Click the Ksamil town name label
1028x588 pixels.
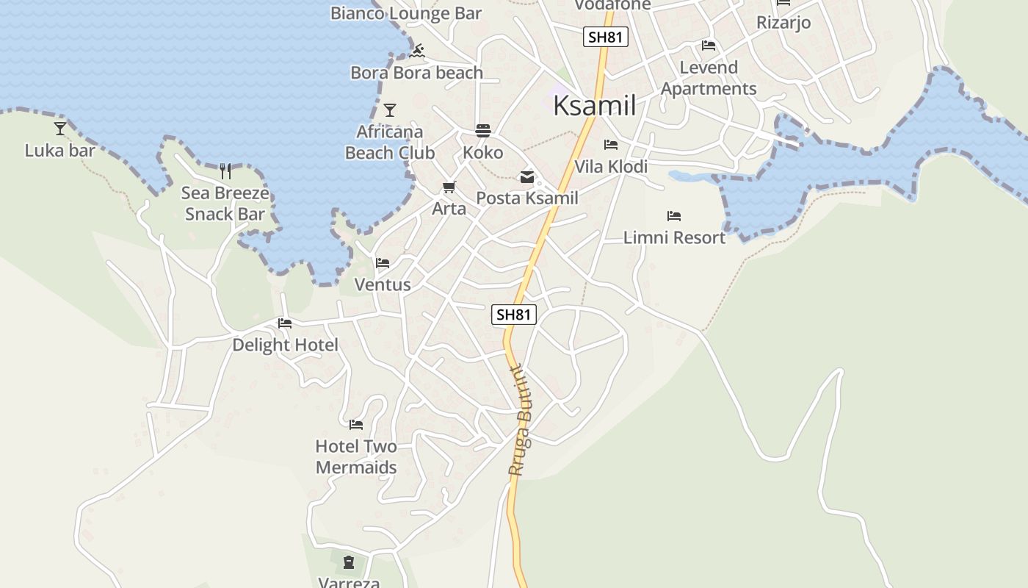(594, 106)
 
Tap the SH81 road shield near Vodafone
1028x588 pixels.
(606, 37)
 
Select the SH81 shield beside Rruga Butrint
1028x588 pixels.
(514, 315)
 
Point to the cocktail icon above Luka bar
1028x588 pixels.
(60, 129)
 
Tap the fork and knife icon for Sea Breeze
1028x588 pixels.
(225, 171)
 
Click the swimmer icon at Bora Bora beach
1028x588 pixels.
(418, 51)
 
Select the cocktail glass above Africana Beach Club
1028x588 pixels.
(390, 110)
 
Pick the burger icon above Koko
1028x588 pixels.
(483, 131)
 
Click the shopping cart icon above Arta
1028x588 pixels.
(449, 187)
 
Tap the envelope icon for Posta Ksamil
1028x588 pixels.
(527, 176)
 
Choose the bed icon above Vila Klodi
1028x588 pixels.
(611, 145)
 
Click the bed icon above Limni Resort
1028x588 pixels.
(674, 216)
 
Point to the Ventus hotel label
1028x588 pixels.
(383, 284)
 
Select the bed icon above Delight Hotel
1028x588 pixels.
(285, 323)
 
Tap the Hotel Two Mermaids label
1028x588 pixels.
(356, 456)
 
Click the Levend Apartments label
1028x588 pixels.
(709, 78)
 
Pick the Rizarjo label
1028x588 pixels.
(783, 22)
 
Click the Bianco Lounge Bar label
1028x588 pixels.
(406, 12)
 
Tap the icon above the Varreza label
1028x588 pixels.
(349, 563)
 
